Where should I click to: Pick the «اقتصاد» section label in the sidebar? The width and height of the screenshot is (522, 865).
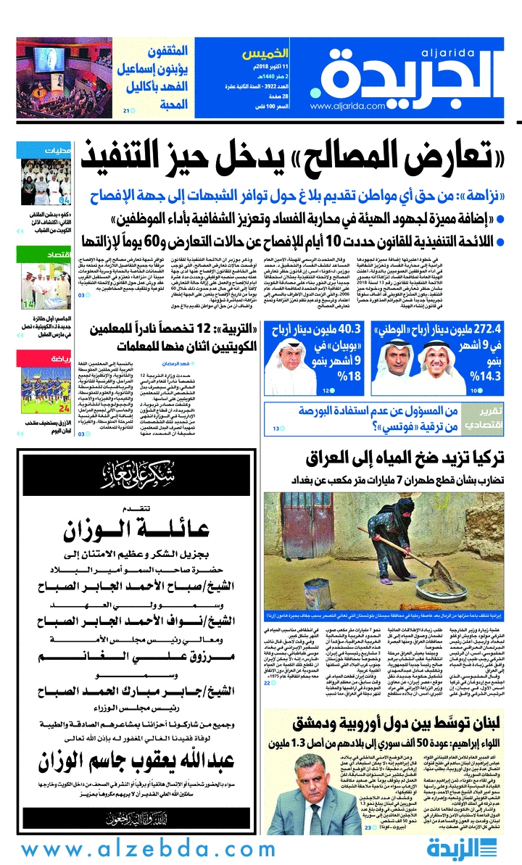pos(55,255)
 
